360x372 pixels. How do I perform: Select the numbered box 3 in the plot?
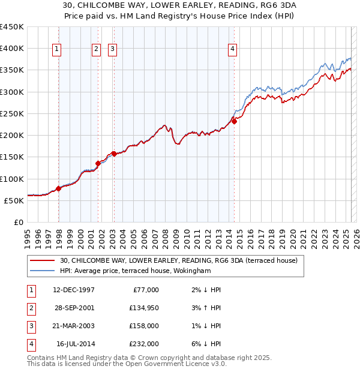click(x=113, y=50)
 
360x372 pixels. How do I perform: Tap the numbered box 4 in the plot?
click(x=232, y=50)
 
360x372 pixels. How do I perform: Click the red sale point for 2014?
click(x=235, y=121)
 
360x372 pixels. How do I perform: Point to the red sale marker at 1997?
click(x=58, y=188)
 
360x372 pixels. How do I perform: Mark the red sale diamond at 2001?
click(x=98, y=163)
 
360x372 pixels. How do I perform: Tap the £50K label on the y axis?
click(x=14, y=200)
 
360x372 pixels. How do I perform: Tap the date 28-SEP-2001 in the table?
click(x=74, y=308)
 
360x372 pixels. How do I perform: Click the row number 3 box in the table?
click(x=31, y=326)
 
